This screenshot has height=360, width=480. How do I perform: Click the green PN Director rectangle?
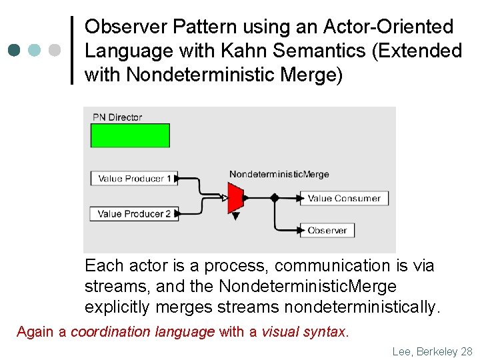(130, 135)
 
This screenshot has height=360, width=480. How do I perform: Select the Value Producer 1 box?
(134, 179)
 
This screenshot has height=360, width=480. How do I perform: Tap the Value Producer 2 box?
(134, 214)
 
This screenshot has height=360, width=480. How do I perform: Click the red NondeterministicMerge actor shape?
(235, 198)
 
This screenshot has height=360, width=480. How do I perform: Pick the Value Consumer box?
(343, 198)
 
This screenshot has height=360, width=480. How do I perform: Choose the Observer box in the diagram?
(327, 231)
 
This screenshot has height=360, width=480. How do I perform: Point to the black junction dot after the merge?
(274, 198)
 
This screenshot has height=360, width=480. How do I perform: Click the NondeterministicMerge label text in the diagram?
(279, 175)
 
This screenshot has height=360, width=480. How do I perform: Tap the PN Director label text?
(117, 117)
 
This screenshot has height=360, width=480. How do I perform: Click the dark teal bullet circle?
(15, 50)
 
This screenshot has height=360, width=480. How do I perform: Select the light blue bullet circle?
(35, 50)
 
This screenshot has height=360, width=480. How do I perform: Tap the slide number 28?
(466, 351)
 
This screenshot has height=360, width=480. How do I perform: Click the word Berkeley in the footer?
(436, 351)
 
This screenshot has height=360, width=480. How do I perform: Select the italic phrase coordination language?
(143, 331)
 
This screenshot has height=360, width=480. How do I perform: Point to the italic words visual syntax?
(303, 331)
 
